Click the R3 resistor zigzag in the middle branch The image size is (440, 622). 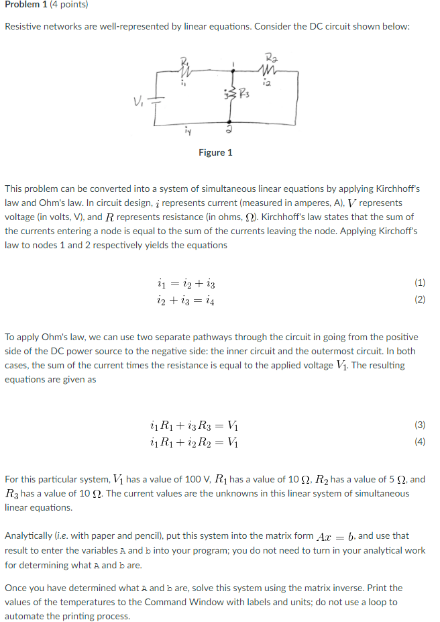point(232,91)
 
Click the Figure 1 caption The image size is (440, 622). point(216,152)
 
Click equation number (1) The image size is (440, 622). point(420,282)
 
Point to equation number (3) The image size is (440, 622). point(420,425)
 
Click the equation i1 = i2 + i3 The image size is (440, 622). point(183,283)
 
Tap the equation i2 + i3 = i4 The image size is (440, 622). point(183,299)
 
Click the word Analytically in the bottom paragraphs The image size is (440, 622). point(30,535)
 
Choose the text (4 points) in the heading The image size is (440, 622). point(70,5)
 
